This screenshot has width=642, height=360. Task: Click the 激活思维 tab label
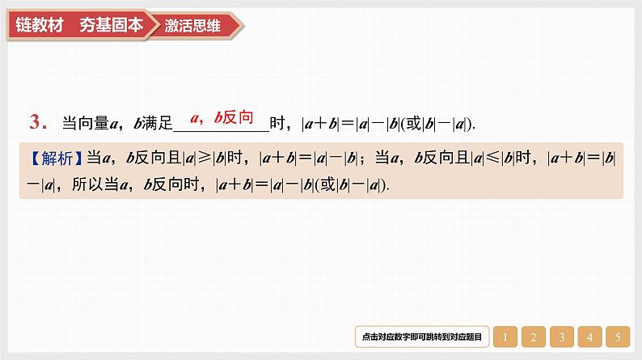click(x=192, y=25)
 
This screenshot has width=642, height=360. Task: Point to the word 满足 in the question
click(x=159, y=124)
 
